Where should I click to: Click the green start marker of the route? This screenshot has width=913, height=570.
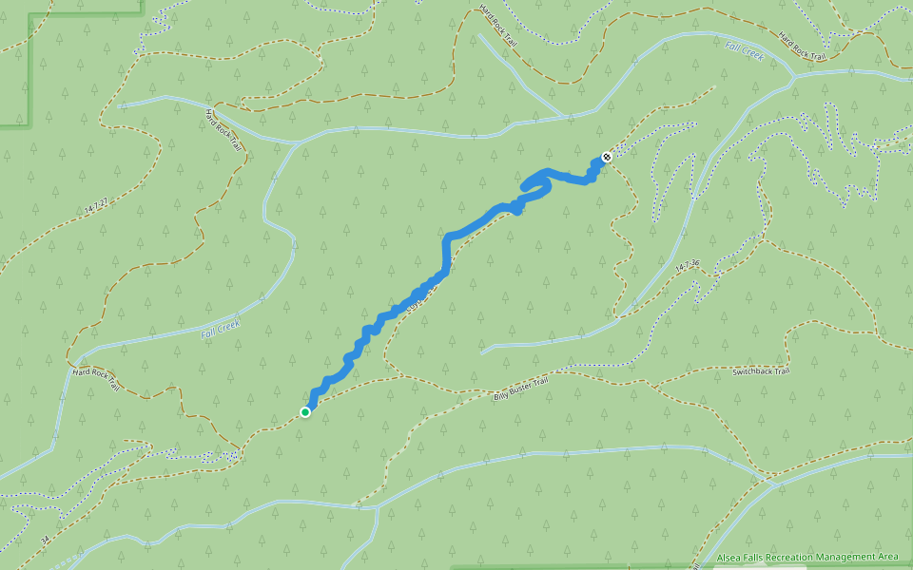(x=305, y=411)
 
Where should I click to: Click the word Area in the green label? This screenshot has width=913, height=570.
(x=888, y=557)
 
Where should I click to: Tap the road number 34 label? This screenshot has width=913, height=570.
(x=45, y=541)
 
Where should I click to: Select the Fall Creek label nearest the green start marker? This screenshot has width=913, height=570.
(x=221, y=328)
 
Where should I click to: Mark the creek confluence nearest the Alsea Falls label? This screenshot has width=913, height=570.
(x=772, y=484)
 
